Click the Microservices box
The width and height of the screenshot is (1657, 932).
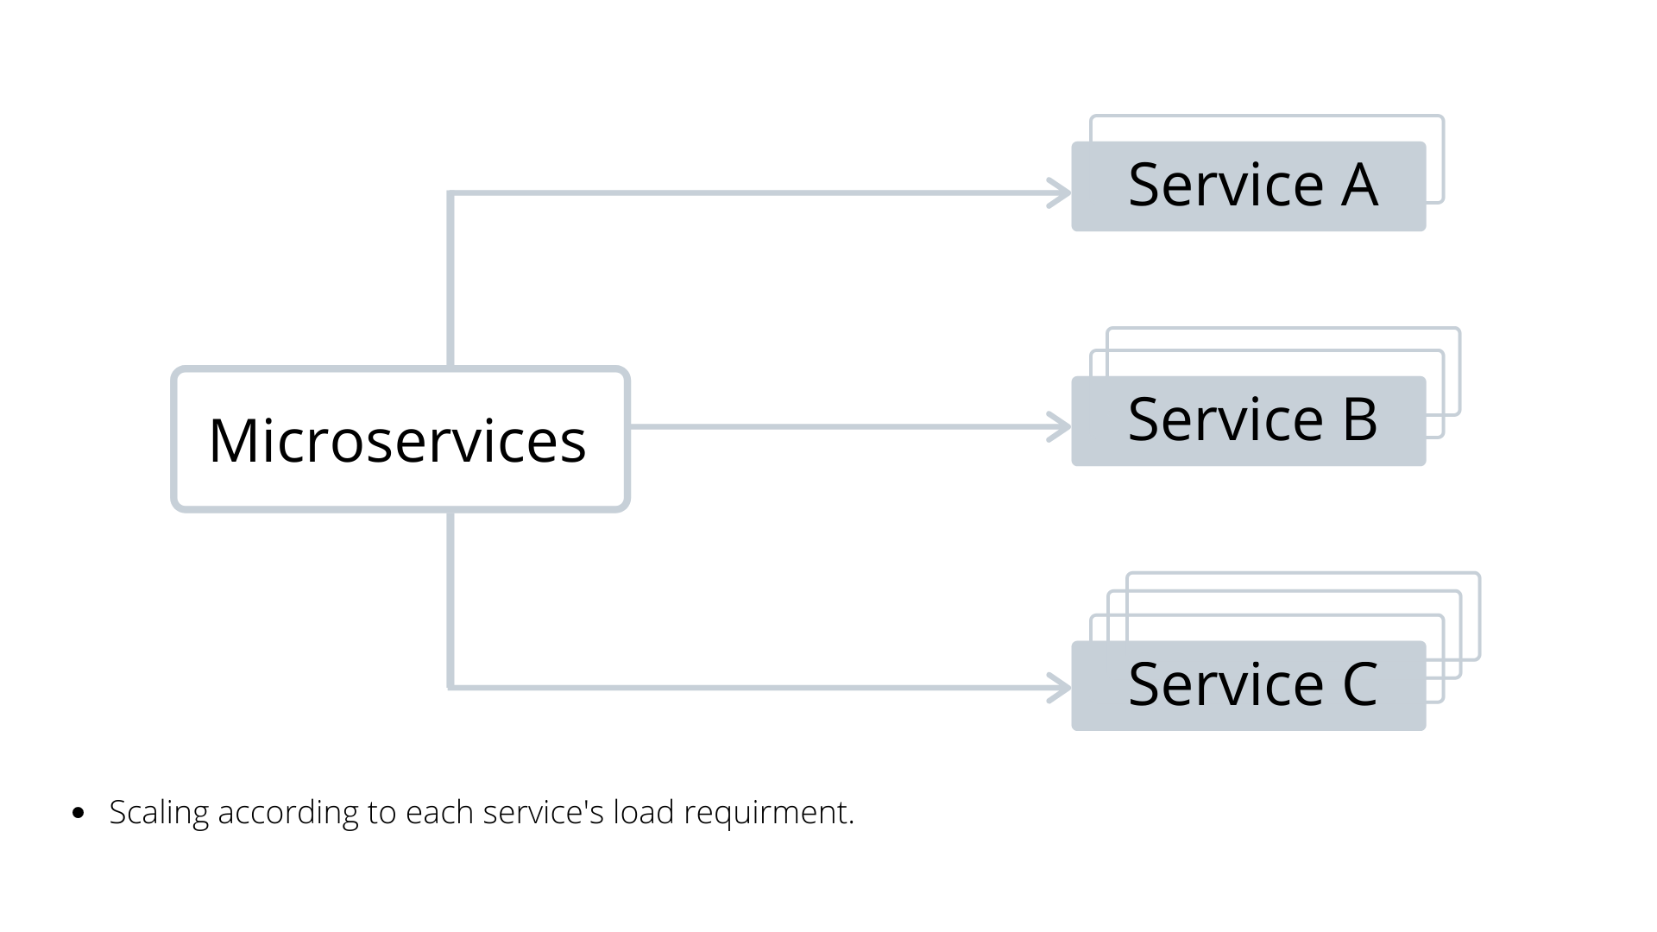pos(400,439)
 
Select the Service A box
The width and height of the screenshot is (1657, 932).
pos(1248,186)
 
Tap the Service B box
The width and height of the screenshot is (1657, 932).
pos(1248,421)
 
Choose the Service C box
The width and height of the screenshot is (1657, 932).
pos(1248,686)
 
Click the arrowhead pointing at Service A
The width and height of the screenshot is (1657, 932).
pos(1060,193)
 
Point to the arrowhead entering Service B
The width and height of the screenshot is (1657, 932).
pos(1060,427)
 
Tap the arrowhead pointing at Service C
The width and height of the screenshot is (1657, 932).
pos(1060,688)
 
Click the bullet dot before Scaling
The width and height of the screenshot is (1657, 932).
pos(79,813)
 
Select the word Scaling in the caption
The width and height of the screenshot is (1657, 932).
pos(159,813)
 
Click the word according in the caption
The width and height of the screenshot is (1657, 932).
pos(287,813)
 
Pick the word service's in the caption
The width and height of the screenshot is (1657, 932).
pos(543,813)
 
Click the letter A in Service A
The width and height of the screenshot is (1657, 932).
pos(1358,186)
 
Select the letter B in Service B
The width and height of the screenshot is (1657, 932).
pos(1359,420)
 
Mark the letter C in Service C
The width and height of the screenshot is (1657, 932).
pos(1359,685)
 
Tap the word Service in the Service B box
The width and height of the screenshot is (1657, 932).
pos(1225,420)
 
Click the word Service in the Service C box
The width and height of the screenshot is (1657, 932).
pos(1225,685)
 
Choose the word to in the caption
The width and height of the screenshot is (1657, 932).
pos(381,813)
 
